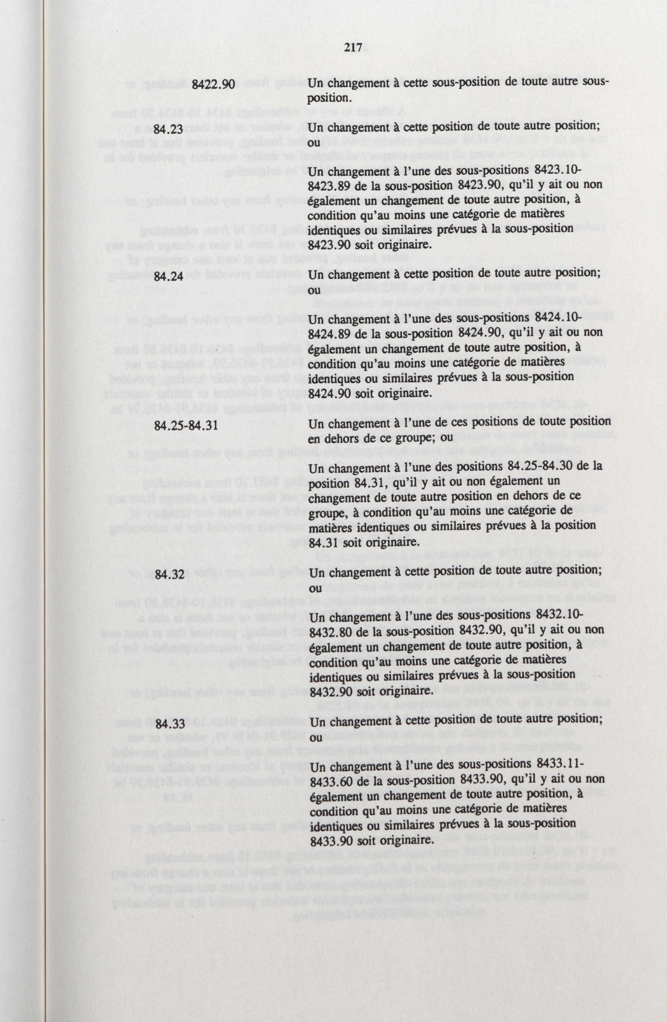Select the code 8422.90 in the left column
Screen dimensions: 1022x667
tap(214, 85)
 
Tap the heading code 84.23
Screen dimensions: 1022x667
tap(168, 129)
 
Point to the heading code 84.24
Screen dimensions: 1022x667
tap(168, 277)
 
